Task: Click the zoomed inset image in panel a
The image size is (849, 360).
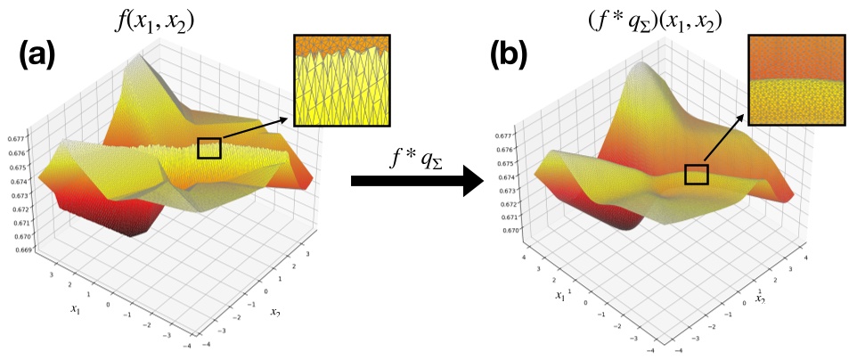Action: (x=341, y=80)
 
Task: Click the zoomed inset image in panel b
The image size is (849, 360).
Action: (x=792, y=80)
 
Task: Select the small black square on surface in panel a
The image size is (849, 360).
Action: (x=208, y=147)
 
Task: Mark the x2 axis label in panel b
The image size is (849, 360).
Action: (x=762, y=300)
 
